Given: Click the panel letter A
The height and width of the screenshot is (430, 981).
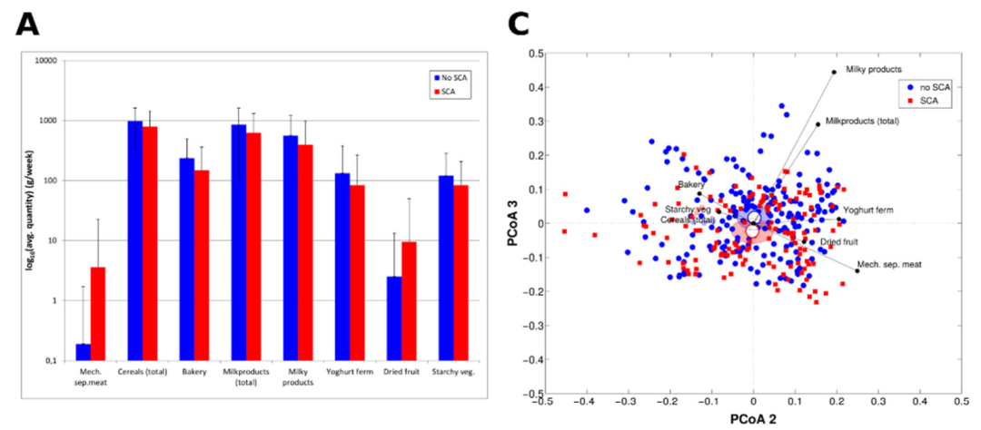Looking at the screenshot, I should point(30,22).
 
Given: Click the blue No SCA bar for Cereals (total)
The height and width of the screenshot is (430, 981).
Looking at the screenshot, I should point(134,240).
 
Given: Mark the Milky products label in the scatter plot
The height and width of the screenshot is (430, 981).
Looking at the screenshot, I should point(873,69).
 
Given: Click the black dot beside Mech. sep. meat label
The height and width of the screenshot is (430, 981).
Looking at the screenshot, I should point(857,270).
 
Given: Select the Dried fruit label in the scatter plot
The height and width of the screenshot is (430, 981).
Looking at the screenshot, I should point(841,242).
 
